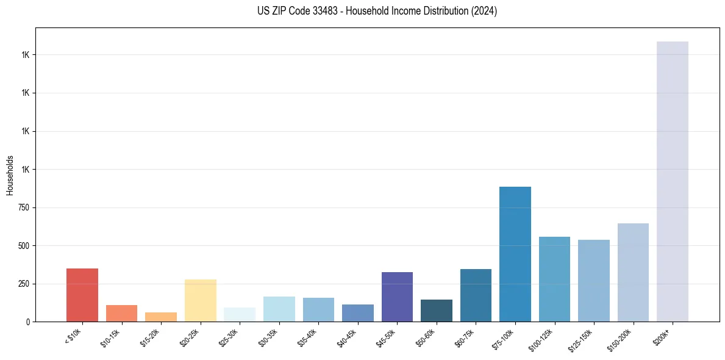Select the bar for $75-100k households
click(x=515, y=254)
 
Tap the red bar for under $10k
click(x=82, y=295)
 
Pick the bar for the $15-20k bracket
click(x=161, y=317)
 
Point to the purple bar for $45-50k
click(x=397, y=297)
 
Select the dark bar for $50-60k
click(x=436, y=311)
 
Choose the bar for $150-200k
click(x=633, y=272)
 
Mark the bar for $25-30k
click(x=240, y=314)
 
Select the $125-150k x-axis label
click(x=582, y=339)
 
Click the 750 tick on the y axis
click(x=25, y=207)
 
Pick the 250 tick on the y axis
click(x=25, y=284)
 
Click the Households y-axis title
click(x=10, y=175)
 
